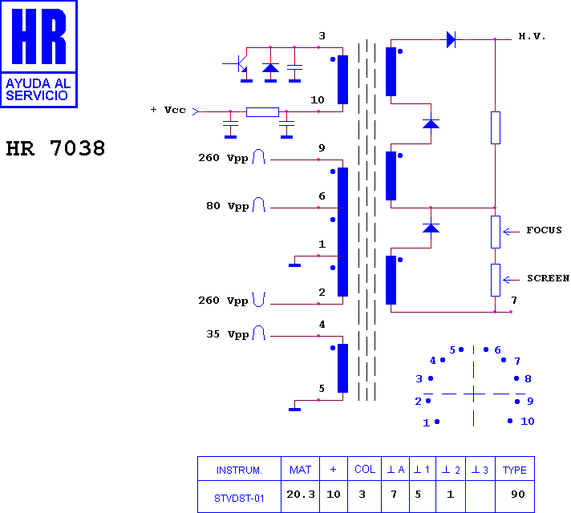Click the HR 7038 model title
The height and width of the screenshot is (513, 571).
55,148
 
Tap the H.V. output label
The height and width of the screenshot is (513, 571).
532,36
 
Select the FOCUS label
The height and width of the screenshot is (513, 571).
544,230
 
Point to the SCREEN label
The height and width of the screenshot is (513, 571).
548,278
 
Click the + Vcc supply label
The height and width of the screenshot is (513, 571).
168,110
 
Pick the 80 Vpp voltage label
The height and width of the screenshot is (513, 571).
228,206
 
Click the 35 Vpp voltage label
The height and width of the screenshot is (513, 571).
228,334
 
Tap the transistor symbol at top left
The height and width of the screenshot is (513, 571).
238,64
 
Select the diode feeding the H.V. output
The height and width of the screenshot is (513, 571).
451,39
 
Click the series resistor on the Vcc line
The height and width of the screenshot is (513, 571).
262,111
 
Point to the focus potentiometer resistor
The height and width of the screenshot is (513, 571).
496,232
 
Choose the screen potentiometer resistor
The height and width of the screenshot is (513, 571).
496,280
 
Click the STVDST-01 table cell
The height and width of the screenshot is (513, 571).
239,498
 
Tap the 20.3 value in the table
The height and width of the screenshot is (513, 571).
301,494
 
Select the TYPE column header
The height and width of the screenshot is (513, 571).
515,470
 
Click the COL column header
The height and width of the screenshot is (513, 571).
365,469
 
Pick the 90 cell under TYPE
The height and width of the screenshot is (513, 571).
518,494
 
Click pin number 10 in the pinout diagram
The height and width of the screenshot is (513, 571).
528,422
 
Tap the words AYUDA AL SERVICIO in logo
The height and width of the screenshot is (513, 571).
38,89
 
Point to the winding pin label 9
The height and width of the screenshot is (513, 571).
322,147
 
